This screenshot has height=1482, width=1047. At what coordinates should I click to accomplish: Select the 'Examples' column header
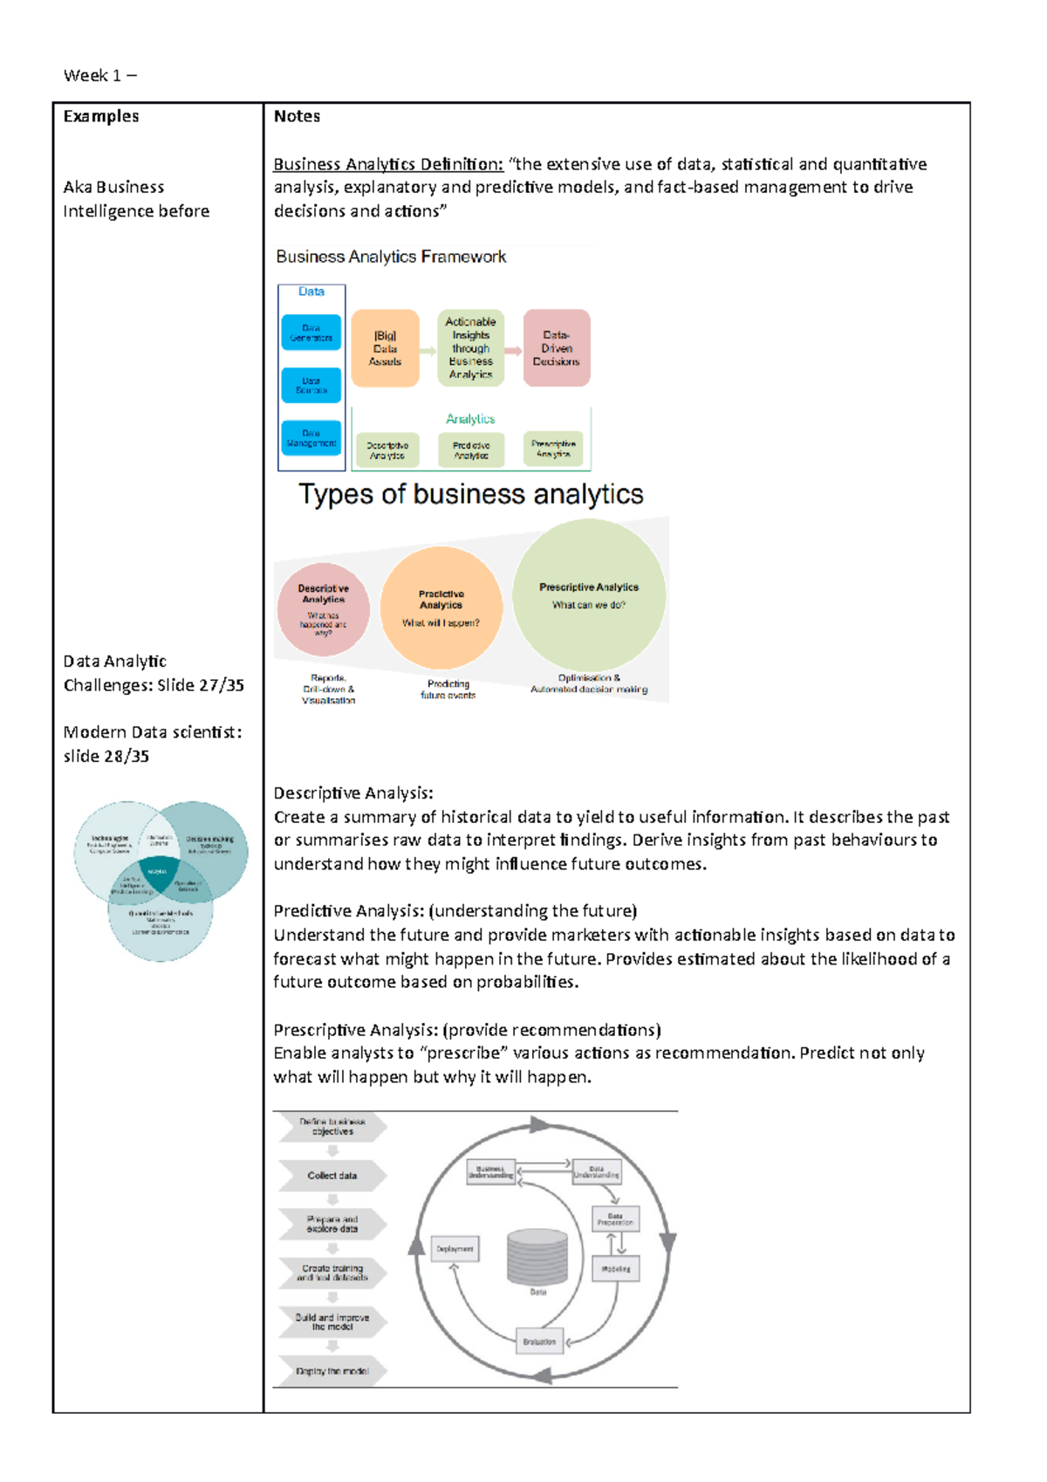pyautogui.click(x=100, y=116)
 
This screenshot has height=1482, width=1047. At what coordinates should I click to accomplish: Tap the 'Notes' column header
pyautogui.click(x=297, y=116)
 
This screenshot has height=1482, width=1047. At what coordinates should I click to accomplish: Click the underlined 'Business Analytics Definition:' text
pyautogui.click(x=388, y=164)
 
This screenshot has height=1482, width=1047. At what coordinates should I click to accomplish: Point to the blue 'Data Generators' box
pyautogui.click(x=311, y=333)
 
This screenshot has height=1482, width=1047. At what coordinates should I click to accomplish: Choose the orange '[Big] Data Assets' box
pyautogui.click(x=385, y=348)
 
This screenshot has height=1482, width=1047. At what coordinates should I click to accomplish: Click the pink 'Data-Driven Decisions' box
pyautogui.click(x=557, y=348)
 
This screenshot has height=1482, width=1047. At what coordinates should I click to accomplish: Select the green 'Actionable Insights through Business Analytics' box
pyautogui.click(x=470, y=348)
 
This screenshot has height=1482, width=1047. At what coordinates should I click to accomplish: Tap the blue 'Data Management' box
pyautogui.click(x=311, y=437)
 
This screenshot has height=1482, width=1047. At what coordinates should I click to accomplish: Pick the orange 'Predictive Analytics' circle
pyautogui.click(x=441, y=607)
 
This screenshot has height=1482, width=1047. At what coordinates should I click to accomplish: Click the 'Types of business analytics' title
pyautogui.click(x=471, y=494)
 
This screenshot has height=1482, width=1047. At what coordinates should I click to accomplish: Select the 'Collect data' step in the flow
pyautogui.click(x=332, y=1176)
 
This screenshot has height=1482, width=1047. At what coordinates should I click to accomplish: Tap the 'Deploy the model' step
pyautogui.click(x=332, y=1371)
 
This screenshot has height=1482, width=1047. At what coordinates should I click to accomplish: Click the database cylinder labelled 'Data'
pyautogui.click(x=537, y=1258)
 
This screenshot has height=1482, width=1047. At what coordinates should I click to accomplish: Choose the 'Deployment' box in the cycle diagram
pyautogui.click(x=455, y=1249)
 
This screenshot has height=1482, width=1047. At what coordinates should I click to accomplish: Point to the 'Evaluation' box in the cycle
pyautogui.click(x=539, y=1341)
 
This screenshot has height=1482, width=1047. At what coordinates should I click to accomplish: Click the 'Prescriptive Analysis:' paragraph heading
pyautogui.click(x=357, y=1030)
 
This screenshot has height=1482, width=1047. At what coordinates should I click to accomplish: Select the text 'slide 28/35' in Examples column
pyautogui.click(x=106, y=756)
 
